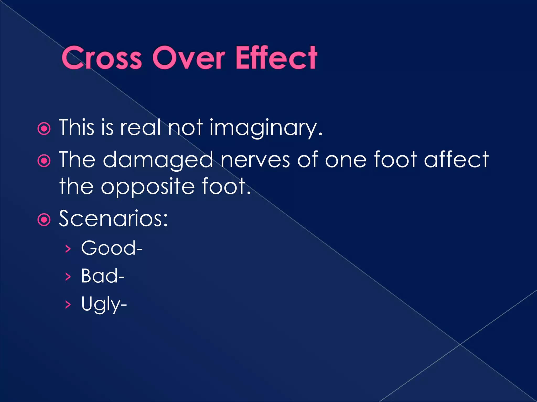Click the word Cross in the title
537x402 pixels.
(101, 58)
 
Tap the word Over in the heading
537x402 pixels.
(189, 58)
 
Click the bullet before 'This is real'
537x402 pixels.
(44, 129)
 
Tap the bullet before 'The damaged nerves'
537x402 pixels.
(44, 161)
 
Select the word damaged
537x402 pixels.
(158, 160)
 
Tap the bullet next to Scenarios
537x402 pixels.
(44, 220)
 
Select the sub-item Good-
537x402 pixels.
(112, 248)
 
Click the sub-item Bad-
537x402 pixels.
(103, 276)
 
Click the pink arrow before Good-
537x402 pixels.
(68, 249)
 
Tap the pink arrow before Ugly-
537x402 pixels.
(68, 304)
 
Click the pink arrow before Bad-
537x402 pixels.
(68, 277)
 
